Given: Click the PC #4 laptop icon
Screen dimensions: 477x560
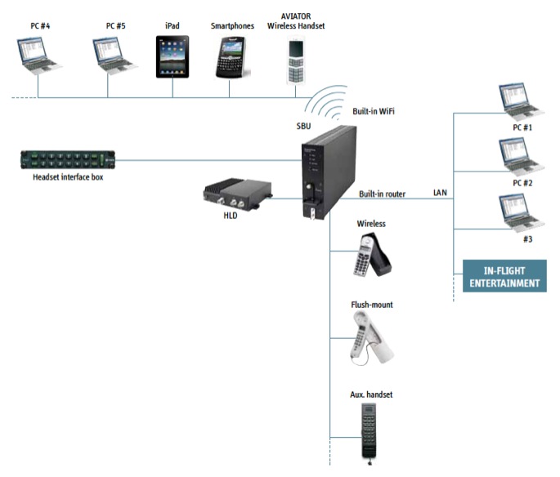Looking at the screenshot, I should [38, 56].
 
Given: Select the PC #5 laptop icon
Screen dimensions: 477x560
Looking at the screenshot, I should [112, 56].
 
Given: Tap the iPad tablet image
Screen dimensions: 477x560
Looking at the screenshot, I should [172, 56].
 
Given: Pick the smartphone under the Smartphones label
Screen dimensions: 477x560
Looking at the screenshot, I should [231, 57].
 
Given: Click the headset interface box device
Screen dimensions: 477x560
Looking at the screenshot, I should [63, 159].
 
